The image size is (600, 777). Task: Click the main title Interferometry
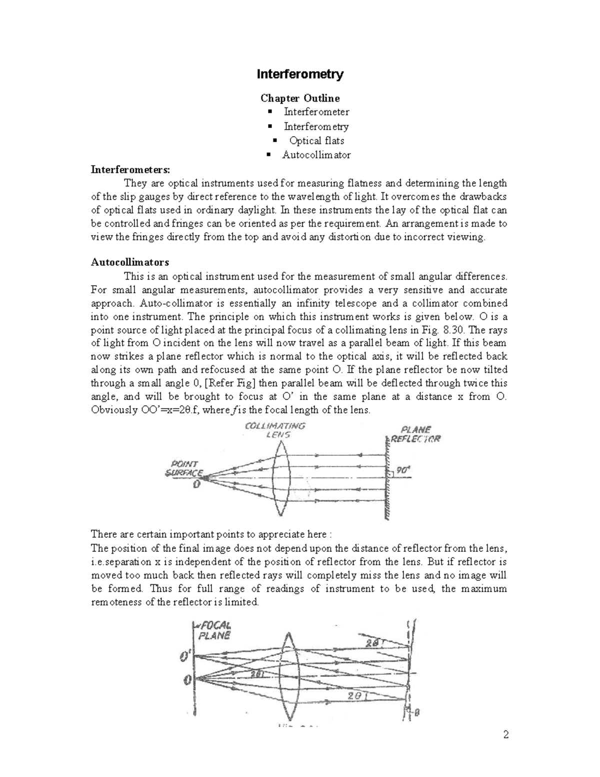(x=299, y=75)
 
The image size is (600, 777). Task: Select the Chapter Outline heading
(x=299, y=98)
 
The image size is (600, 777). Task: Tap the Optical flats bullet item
(x=316, y=141)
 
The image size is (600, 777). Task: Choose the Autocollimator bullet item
(x=316, y=155)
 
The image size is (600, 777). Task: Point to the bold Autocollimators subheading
(x=129, y=262)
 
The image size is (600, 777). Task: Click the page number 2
(x=505, y=735)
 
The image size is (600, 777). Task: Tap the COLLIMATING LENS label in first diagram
(x=275, y=430)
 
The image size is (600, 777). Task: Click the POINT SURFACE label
(x=184, y=468)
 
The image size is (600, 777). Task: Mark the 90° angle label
(x=402, y=470)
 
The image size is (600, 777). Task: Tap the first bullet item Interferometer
(x=316, y=112)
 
